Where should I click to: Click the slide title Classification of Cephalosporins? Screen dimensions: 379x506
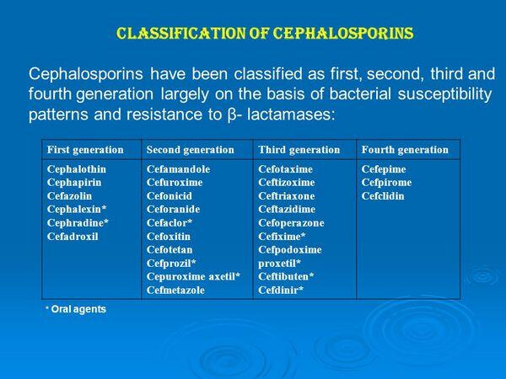(263, 35)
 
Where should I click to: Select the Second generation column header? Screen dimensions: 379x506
(190, 149)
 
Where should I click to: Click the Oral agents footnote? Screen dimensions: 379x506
(78, 309)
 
